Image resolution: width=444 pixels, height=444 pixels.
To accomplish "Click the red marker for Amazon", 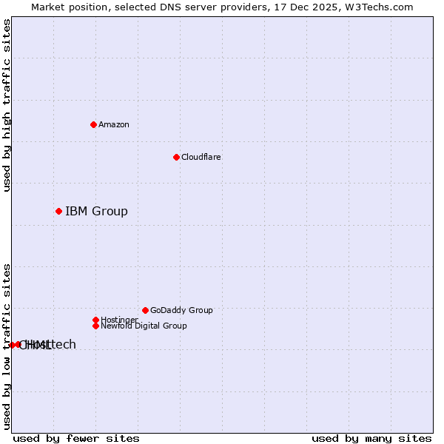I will (93, 124).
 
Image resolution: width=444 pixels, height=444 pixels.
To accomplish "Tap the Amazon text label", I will (114, 124).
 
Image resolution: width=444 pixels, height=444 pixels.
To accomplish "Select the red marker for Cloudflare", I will (176, 157).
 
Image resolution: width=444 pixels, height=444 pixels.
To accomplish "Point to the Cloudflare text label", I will (201, 157).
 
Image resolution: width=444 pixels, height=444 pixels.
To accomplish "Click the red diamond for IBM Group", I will (58, 212).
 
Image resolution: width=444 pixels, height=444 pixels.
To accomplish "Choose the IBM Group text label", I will (96, 212).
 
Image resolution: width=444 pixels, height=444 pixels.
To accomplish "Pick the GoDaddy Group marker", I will (145, 310).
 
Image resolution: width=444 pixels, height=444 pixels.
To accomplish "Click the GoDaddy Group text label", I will (181, 310).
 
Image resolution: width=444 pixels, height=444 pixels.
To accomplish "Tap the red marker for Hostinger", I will (95, 320).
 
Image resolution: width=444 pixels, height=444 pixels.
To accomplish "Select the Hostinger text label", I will (119, 320).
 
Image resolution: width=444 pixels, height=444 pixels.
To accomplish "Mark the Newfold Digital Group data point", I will (95, 326).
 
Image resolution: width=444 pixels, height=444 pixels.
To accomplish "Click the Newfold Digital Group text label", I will (144, 326).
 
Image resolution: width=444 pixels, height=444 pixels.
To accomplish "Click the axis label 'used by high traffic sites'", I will (7, 105).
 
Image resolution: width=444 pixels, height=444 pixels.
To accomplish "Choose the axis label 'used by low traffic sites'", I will (7, 346).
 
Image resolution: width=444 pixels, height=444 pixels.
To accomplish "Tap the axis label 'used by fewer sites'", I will (76, 438).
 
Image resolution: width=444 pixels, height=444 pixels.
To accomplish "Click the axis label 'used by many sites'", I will (371, 438).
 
